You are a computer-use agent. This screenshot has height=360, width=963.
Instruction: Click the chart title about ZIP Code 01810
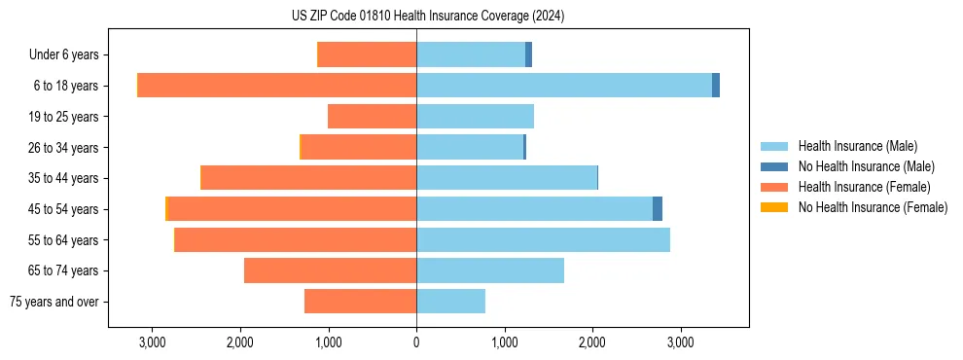(x=427, y=17)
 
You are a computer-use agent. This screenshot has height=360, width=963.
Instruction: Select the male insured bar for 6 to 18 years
(x=564, y=86)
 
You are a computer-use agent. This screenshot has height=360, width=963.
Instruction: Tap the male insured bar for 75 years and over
(x=450, y=302)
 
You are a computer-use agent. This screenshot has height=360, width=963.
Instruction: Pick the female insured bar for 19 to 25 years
(x=372, y=117)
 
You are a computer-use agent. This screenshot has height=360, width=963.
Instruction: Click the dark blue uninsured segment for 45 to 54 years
(x=658, y=209)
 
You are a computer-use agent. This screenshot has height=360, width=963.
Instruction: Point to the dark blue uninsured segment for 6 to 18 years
(x=716, y=86)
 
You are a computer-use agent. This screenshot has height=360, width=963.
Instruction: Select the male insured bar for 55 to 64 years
(x=543, y=240)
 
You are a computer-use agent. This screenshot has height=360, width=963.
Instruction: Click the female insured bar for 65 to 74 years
(x=330, y=270)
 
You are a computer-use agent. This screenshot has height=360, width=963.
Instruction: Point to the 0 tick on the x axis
(x=416, y=342)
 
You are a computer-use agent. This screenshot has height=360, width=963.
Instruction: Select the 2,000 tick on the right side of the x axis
(x=592, y=342)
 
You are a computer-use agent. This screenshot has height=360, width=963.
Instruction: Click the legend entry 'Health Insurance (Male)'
(x=857, y=146)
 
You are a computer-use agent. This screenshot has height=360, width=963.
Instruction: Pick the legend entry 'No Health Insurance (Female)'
(x=873, y=207)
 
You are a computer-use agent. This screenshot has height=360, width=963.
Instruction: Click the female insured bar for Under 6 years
(x=367, y=55)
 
